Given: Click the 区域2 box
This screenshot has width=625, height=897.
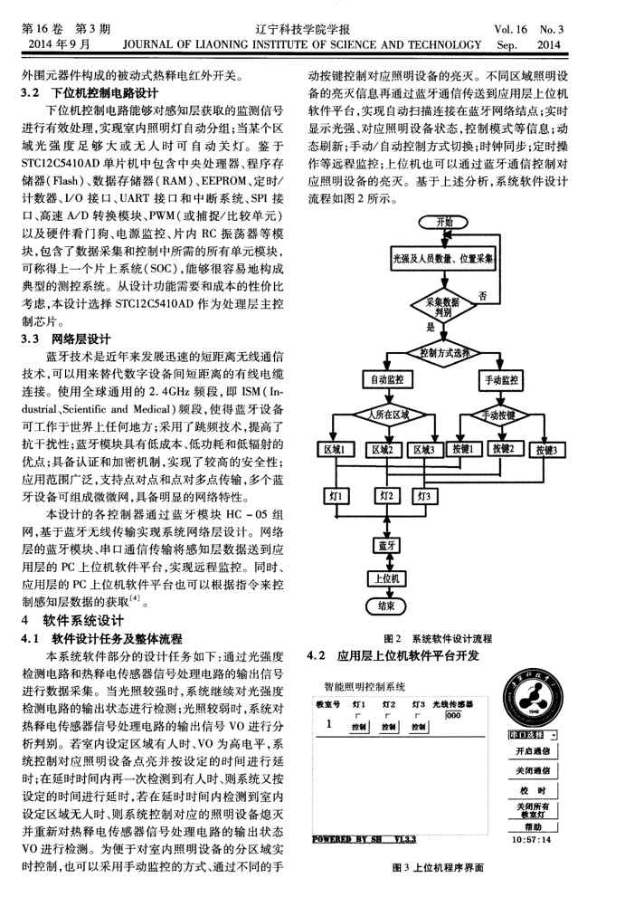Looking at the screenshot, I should tap(385, 450).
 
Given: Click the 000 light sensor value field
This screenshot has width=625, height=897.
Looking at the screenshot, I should tap(452, 714).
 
